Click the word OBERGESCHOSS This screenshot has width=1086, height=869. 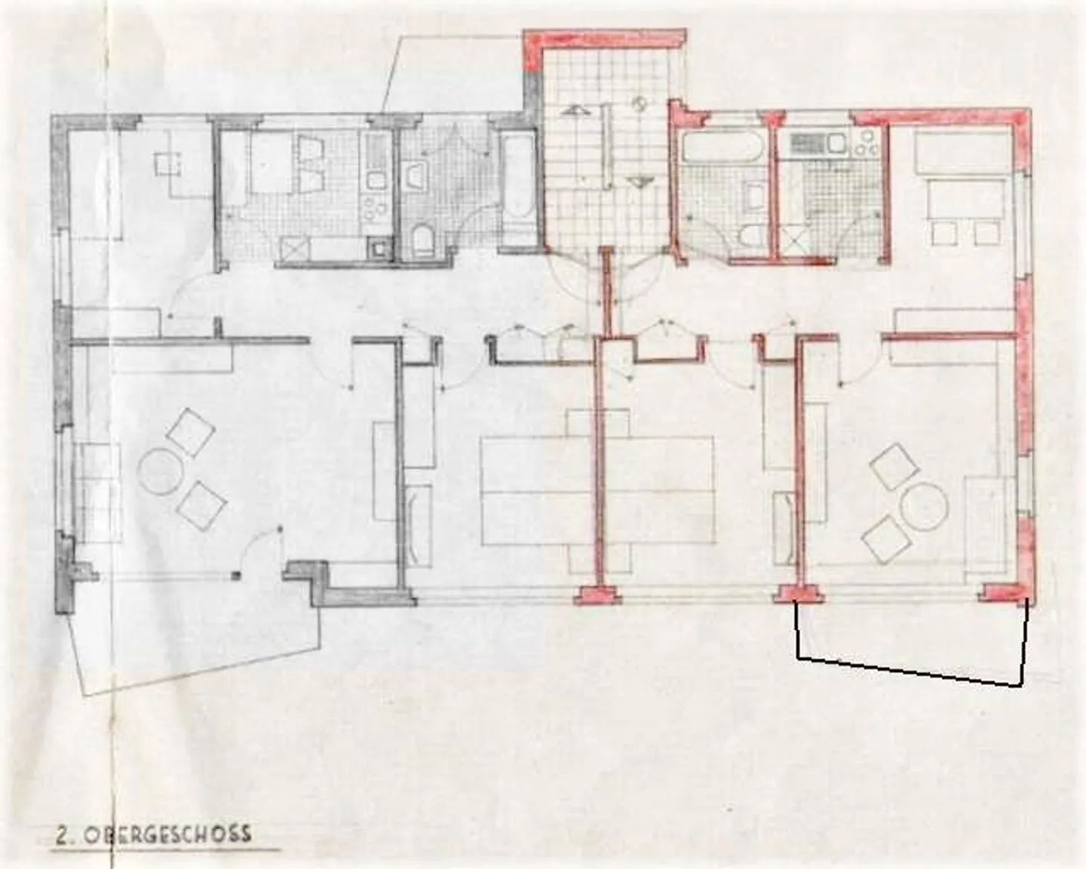pos(167,834)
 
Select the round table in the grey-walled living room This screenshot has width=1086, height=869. pos(159,471)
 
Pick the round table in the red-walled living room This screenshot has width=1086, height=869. pos(925,506)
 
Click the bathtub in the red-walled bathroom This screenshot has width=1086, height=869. pos(719,146)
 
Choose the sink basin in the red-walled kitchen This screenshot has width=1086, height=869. pos(836,143)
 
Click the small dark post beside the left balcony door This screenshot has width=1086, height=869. pos(235,576)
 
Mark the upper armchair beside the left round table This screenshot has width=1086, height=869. pos(190,433)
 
